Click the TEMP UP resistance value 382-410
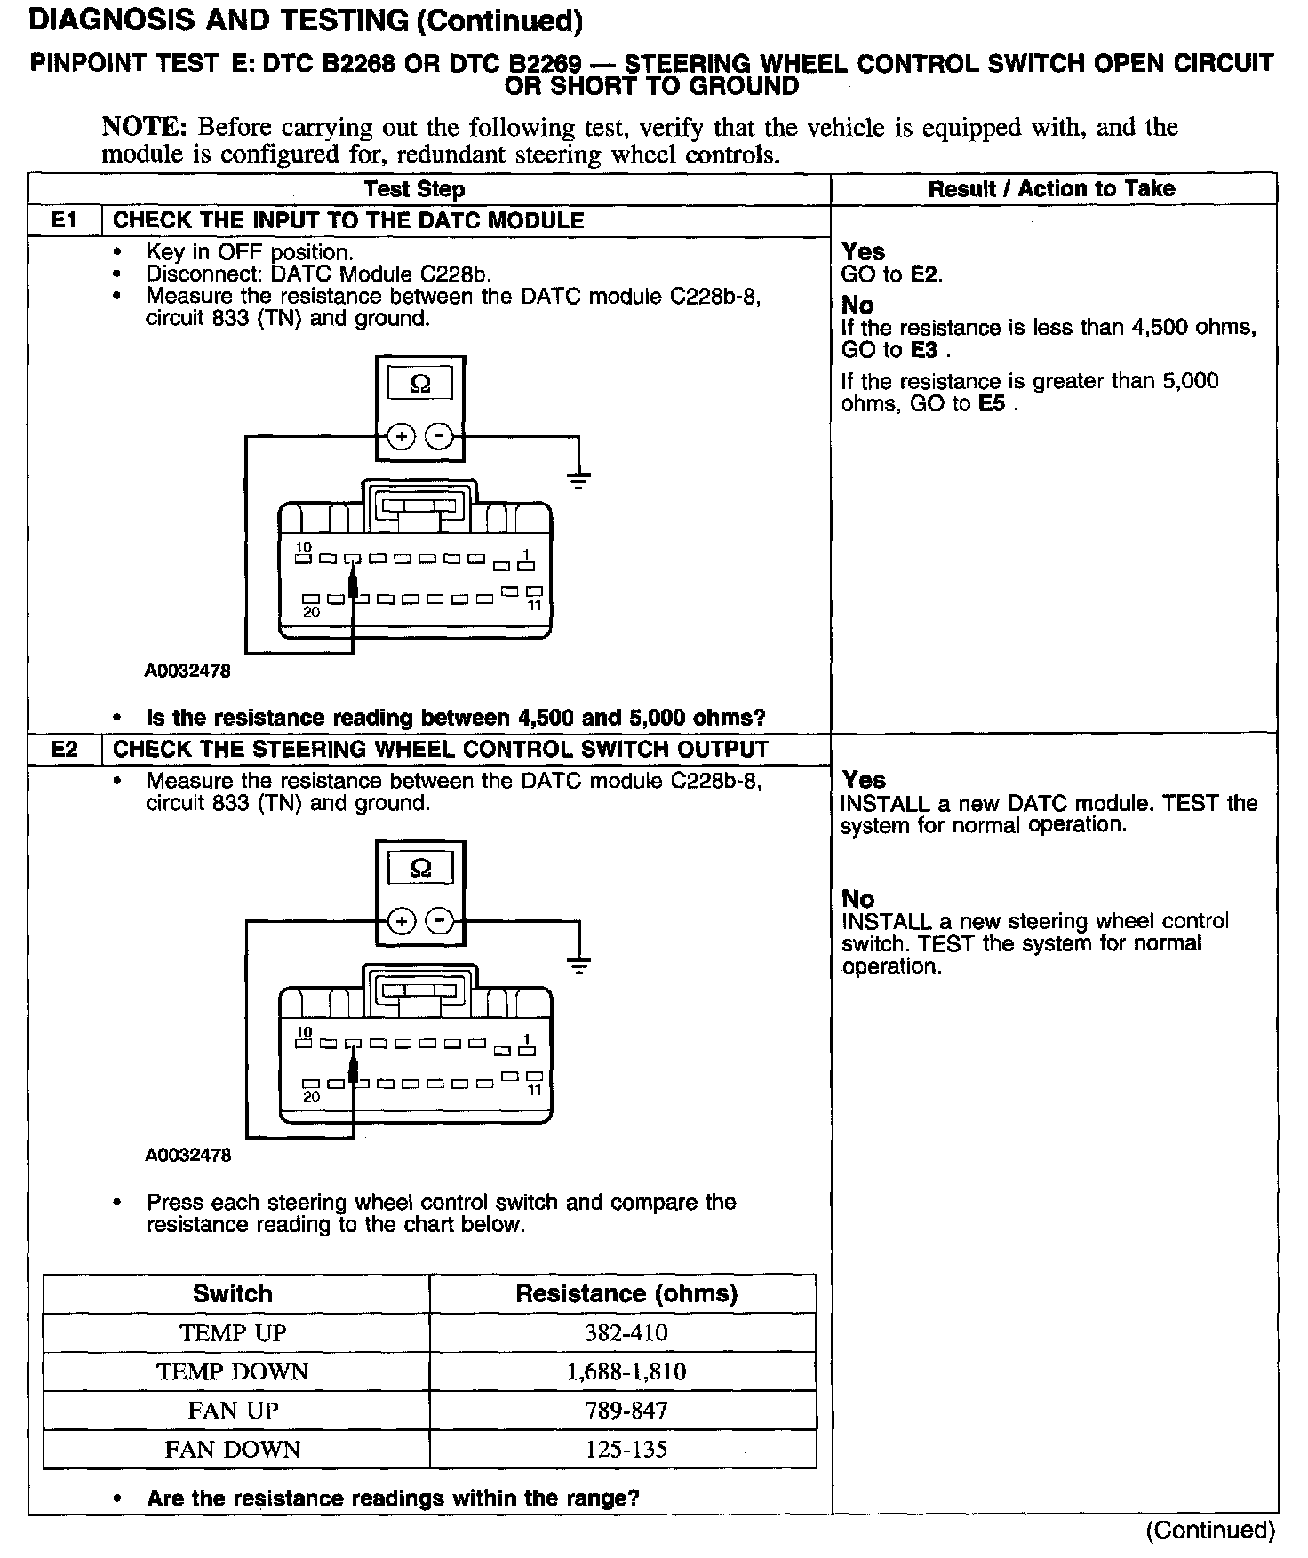[626, 1332]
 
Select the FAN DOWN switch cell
[233, 1449]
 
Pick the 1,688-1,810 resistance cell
[626, 1371]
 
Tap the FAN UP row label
[233, 1411]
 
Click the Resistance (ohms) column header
[626, 1293]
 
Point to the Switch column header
[233, 1293]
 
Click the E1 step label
[65, 220]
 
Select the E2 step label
[65, 749]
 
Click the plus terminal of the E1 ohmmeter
[402, 436]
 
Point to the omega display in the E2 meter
[420, 868]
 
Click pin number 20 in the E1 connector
[311, 612]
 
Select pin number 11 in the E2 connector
[534, 1090]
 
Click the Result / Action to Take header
[1051, 188]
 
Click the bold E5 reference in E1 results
[992, 404]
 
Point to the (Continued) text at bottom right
[1210, 1530]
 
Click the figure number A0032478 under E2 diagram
[187, 1155]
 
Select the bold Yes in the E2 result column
[864, 780]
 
